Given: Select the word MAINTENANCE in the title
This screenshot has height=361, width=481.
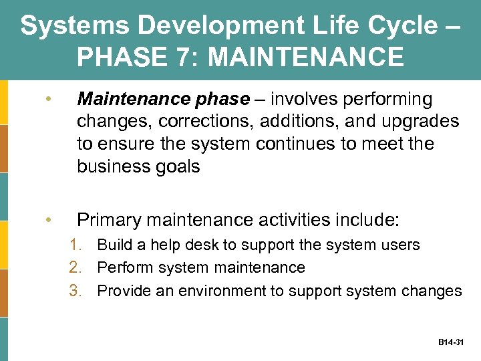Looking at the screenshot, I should click(307, 57).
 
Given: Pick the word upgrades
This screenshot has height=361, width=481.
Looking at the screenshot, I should click(421, 122).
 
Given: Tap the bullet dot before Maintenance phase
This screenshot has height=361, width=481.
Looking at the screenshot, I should click(47, 100).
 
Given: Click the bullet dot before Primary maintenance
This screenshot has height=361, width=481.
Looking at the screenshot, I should click(47, 219).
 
